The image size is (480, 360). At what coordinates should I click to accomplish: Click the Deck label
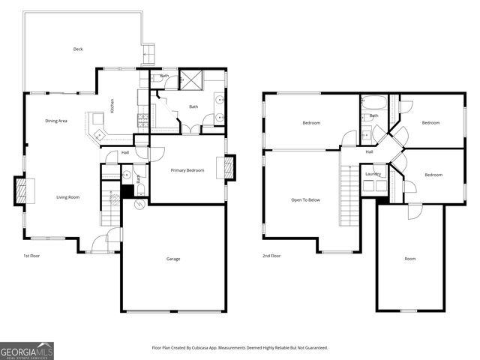click(x=78, y=49)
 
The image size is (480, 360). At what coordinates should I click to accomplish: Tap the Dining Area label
click(x=56, y=121)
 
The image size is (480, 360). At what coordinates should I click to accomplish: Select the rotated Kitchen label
click(x=112, y=106)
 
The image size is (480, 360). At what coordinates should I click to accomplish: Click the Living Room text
click(x=67, y=197)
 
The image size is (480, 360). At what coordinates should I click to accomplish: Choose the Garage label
click(x=173, y=259)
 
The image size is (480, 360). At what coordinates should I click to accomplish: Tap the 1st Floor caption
click(x=31, y=256)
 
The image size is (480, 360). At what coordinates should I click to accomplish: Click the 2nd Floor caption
click(x=271, y=256)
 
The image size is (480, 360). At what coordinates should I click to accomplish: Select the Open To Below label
click(x=306, y=199)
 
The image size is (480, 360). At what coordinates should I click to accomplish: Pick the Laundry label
click(x=373, y=174)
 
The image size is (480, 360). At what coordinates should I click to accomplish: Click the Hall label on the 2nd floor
click(x=370, y=152)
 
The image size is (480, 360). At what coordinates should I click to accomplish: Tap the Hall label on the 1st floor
click(x=126, y=154)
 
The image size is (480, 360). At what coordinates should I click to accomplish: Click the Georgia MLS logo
click(x=27, y=350)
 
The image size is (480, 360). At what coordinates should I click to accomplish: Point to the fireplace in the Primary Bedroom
click(x=225, y=167)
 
